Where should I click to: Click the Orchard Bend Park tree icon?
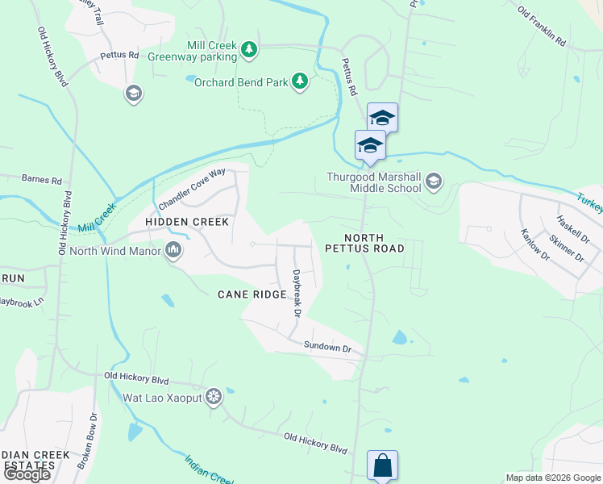pos(300,81)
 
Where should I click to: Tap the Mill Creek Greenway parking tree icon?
pos(250,51)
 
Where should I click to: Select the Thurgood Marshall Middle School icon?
pos(434,180)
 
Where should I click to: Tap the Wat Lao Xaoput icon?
pos(214,397)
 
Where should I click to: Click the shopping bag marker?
pos(382,465)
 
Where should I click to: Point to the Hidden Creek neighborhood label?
pos(187,221)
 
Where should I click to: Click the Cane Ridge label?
pos(252,294)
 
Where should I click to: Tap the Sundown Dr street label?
pos(328,347)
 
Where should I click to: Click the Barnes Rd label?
pos(42,179)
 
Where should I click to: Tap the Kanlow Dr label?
pos(534,245)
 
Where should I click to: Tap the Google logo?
pos(27,474)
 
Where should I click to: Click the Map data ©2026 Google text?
pos(552,478)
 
